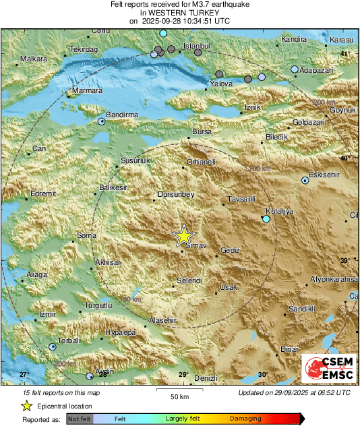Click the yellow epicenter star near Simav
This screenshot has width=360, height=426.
click(x=183, y=236)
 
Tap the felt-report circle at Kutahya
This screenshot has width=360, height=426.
click(x=266, y=220)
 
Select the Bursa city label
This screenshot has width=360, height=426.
click(x=202, y=132)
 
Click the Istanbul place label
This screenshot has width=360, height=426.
click(x=198, y=46)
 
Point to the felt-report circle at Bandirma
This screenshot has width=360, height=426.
click(x=102, y=122)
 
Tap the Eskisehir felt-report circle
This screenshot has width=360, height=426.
click(x=305, y=180)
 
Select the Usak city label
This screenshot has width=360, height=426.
click(x=229, y=288)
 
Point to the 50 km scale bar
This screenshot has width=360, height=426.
click(x=179, y=391)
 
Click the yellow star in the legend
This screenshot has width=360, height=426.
click(x=26, y=406)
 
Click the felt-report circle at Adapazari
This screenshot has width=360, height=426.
click(x=294, y=69)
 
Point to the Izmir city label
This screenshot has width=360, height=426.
click(x=47, y=315)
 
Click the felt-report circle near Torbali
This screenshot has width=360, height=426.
click(x=53, y=346)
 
